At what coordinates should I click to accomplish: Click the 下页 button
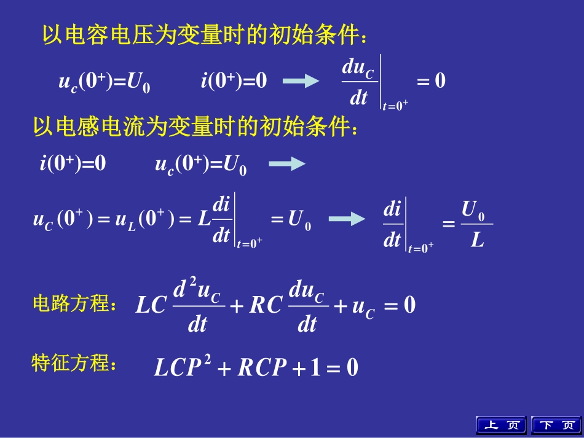[555, 425]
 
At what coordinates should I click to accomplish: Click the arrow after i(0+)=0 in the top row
[301, 81]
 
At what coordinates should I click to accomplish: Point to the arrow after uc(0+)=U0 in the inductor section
[287, 163]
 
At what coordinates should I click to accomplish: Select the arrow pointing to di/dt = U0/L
[347, 219]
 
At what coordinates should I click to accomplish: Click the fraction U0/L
[476, 225]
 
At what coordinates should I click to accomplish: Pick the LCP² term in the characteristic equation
[183, 367]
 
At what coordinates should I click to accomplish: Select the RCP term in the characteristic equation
[262, 367]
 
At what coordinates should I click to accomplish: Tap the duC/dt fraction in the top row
[358, 82]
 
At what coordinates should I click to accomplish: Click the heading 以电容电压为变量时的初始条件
[207, 35]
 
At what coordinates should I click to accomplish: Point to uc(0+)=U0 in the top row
[104, 82]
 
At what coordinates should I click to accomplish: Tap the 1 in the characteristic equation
[315, 367]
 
